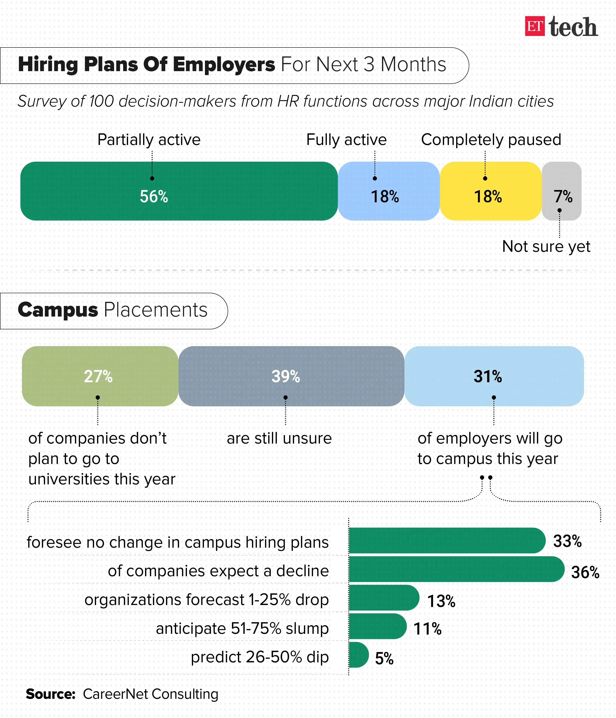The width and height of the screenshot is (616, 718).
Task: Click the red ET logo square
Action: tap(535, 26)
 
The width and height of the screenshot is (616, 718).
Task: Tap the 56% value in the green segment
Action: tap(154, 196)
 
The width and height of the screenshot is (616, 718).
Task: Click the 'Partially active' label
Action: tap(149, 140)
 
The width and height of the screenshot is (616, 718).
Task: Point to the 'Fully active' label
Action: tap(346, 140)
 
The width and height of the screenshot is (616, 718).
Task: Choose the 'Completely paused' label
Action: tap(491, 140)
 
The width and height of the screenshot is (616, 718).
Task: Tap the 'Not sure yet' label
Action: tap(546, 246)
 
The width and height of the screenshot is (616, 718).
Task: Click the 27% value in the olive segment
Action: tap(98, 376)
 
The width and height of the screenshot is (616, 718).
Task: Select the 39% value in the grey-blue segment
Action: tap(286, 376)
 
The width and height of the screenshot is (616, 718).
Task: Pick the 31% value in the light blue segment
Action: tap(488, 376)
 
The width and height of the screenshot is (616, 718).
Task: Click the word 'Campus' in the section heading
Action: tap(58, 310)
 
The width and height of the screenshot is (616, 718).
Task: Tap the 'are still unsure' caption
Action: tap(279, 438)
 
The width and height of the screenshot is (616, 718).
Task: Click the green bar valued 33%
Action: tap(447, 541)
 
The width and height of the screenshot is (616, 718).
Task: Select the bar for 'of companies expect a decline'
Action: tap(456, 569)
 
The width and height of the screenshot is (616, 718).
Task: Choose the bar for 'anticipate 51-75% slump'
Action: tap(377, 626)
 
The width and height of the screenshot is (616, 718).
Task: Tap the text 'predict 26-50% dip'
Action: tap(260, 657)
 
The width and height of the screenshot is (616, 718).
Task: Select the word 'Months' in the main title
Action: tap(413, 64)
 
